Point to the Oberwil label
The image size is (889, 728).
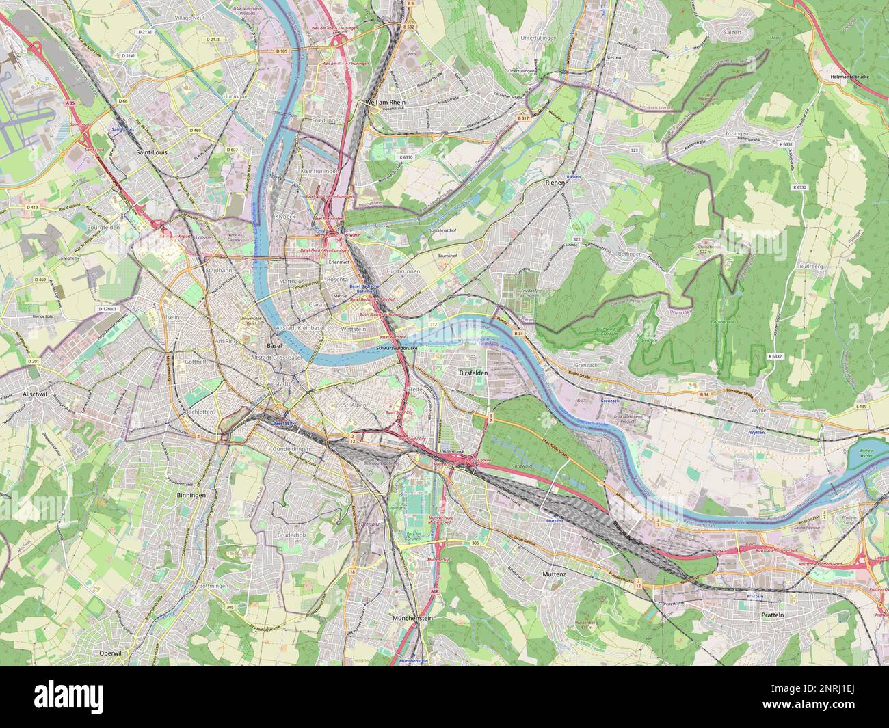click(110, 653)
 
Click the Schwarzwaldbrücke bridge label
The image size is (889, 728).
click(397, 348)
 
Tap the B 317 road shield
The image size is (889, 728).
click(524, 119)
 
